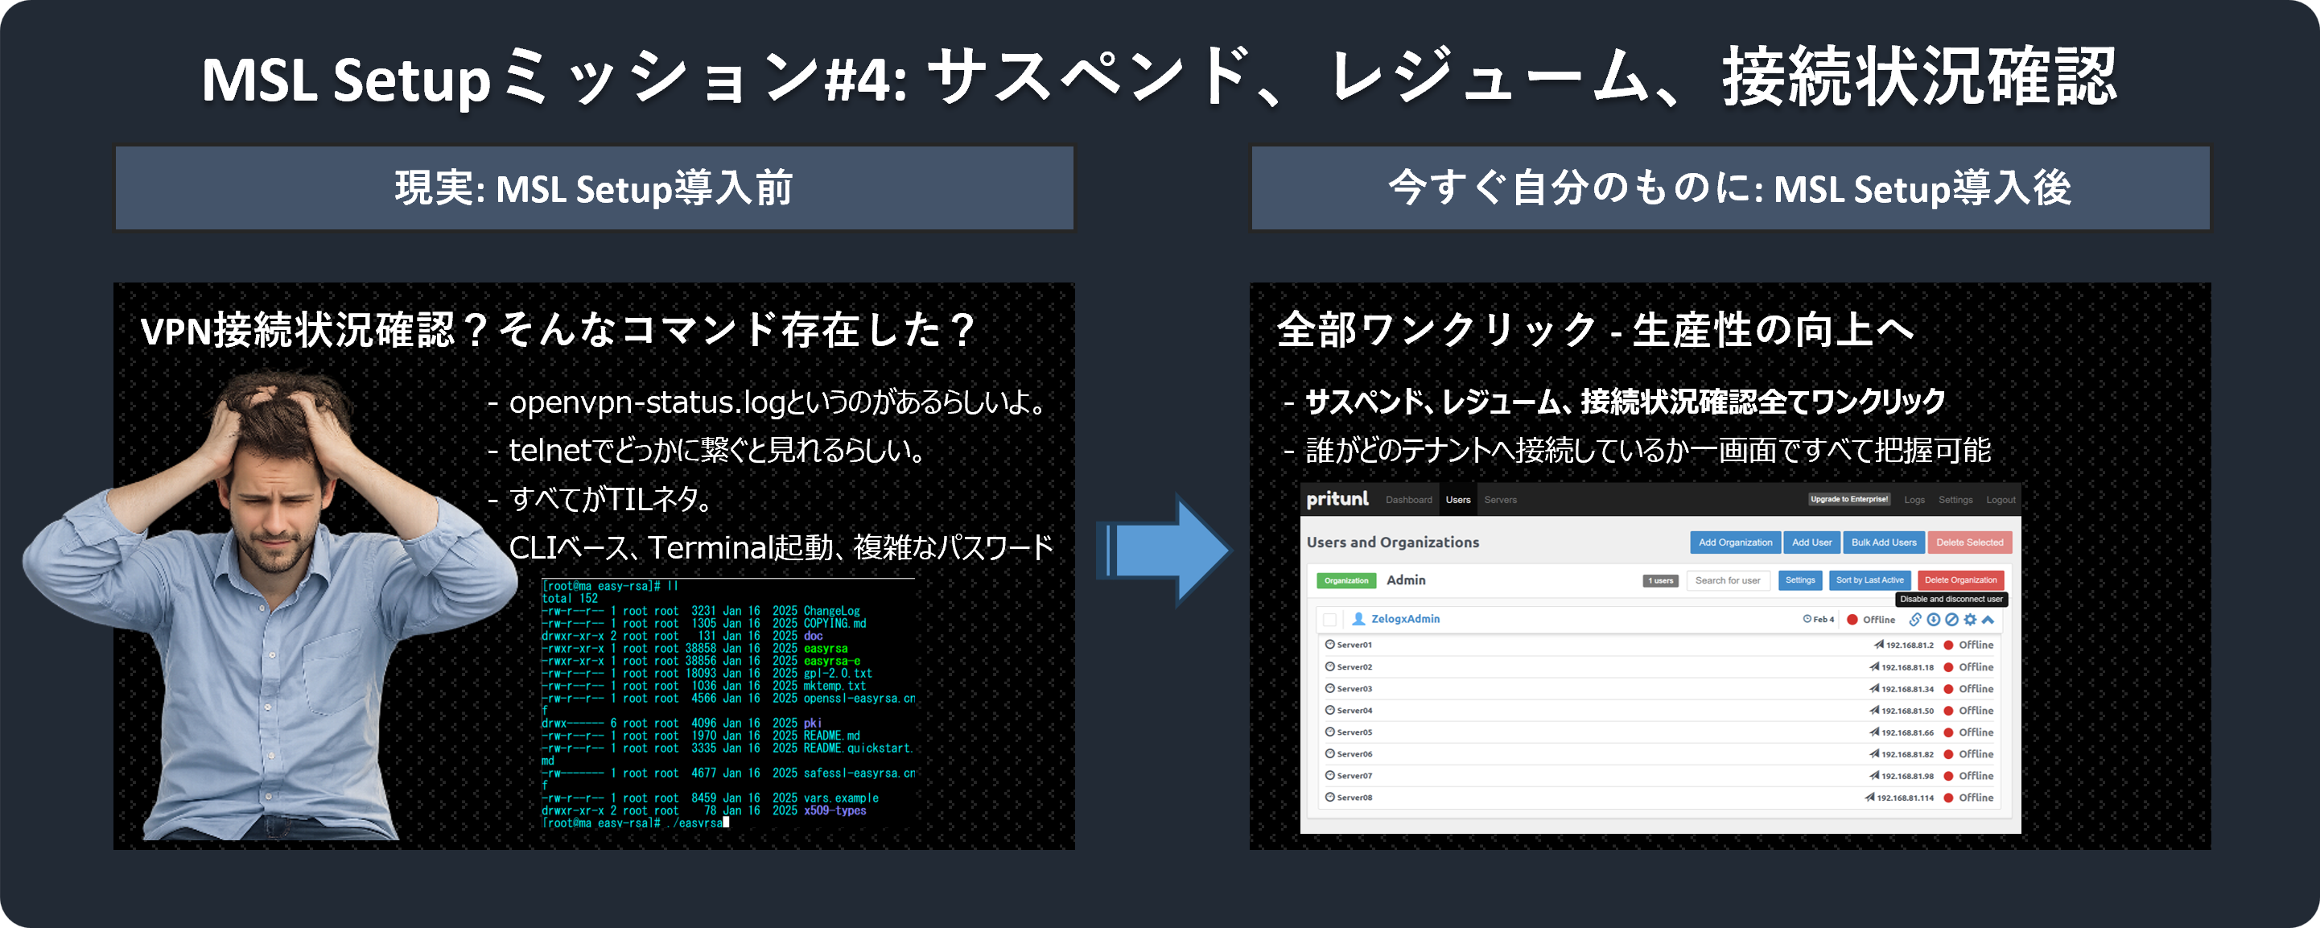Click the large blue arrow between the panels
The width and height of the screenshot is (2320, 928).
pos(1166,550)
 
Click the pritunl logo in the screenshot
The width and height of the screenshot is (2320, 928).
pos(1337,499)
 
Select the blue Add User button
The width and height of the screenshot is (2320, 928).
pos(1811,542)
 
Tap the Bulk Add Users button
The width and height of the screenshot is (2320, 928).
pos(1883,542)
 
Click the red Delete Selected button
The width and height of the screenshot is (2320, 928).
pos(1969,542)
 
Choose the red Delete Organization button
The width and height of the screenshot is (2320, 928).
pos(1959,580)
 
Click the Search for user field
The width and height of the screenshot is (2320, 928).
pos(1728,580)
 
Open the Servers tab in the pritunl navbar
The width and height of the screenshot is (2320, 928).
pos(1501,500)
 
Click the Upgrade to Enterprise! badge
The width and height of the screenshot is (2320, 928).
pos(1849,499)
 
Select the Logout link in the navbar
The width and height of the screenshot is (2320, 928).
pos(2001,500)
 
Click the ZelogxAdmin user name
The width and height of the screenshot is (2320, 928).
pos(1405,619)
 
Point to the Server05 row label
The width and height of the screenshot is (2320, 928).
pos(1354,732)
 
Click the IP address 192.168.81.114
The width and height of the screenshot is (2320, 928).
pos(1905,798)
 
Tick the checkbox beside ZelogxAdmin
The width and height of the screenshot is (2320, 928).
pos(1329,620)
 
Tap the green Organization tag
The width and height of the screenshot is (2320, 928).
pos(1345,581)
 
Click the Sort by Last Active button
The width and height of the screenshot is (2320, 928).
pos(1869,580)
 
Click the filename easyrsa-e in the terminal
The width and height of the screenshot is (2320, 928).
pos(831,662)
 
